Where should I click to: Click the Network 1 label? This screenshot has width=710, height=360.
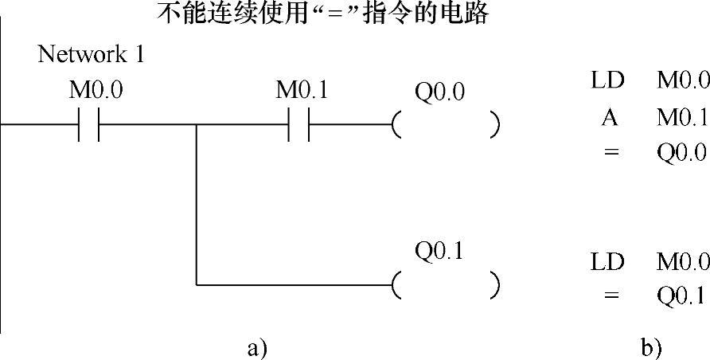pos(92,55)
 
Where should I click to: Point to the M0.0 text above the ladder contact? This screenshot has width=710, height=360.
pos(96,90)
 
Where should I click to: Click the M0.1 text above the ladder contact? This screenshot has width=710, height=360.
pos(302,90)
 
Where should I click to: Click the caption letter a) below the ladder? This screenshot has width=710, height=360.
pos(257,347)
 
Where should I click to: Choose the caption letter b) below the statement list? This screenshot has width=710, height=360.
pos(651,347)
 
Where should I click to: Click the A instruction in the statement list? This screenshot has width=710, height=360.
pos(610,117)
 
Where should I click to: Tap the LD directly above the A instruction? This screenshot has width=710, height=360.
pos(608,80)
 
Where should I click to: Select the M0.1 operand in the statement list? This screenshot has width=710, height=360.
pos(682,117)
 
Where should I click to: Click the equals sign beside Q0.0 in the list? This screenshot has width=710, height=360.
pos(611,152)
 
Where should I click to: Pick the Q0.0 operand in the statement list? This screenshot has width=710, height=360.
pos(682,152)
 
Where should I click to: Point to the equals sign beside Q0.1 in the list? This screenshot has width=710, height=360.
pos(611,295)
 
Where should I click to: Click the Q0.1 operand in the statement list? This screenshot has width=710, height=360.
pos(681,295)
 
